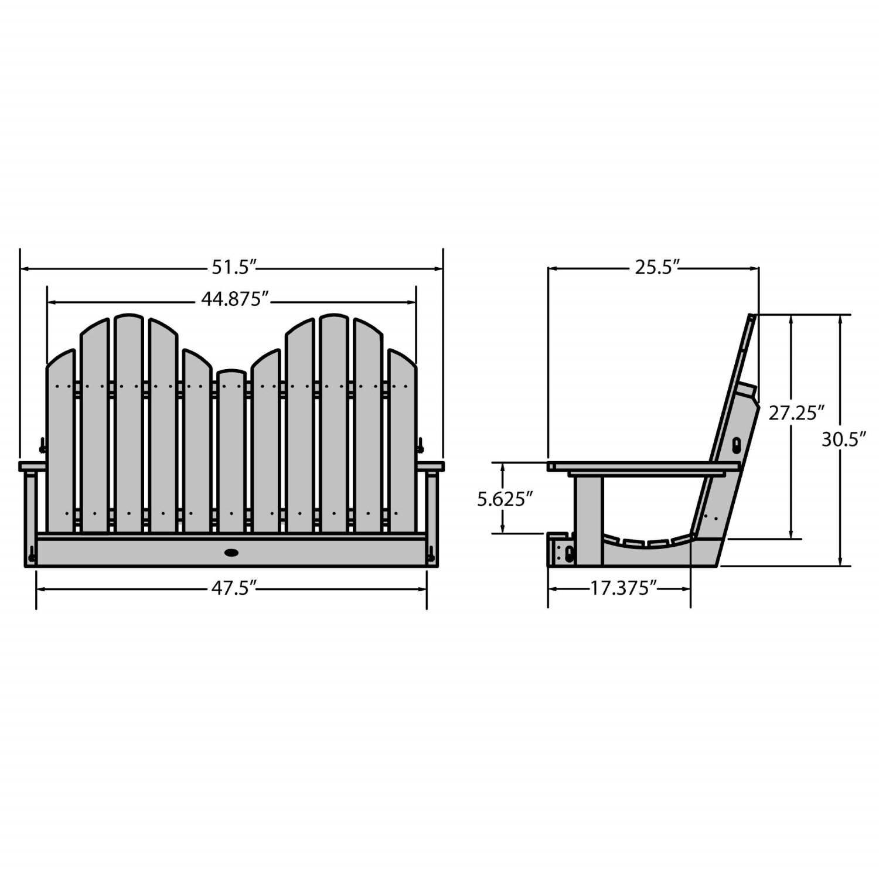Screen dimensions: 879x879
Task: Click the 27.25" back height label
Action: coord(792,413)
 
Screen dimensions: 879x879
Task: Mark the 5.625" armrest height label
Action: coord(504,499)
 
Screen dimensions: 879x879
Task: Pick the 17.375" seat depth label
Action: coord(619,588)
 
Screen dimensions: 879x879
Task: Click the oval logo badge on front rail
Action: coord(231,552)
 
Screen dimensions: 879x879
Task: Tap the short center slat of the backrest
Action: coord(231,451)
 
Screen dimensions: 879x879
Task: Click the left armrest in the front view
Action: coord(32,466)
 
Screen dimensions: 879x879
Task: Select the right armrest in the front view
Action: coord(431,466)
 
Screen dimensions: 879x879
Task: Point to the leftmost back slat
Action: coord(60,445)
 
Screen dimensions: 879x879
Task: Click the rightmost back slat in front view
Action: coord(402,445)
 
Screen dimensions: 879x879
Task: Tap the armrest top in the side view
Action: coord(645,466)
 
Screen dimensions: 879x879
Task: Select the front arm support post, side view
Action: coord(588,519)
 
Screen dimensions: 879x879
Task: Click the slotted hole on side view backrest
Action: coord(737,445)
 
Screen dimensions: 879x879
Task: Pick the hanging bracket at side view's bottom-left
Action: coord(561,551)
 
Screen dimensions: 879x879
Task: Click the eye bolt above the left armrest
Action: coord(42,447)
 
